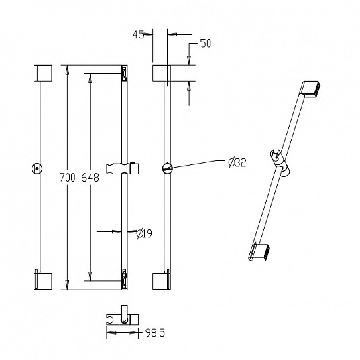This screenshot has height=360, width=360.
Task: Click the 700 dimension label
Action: pos(67,178)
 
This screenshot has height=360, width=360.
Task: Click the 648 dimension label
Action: pos(90,178)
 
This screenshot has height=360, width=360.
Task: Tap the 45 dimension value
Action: pos(138,34)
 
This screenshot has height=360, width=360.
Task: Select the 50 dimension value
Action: pos(206,44)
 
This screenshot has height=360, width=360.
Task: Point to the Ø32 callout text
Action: pos(237,163)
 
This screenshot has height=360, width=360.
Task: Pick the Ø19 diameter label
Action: pos(144,234)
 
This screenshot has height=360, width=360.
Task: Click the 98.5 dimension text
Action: pos(155,333)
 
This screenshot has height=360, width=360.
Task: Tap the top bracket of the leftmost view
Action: pos(43,73)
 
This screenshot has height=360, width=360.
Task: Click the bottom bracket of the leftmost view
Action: pos(43,281)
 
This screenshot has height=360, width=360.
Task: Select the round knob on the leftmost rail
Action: pos(37,169)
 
